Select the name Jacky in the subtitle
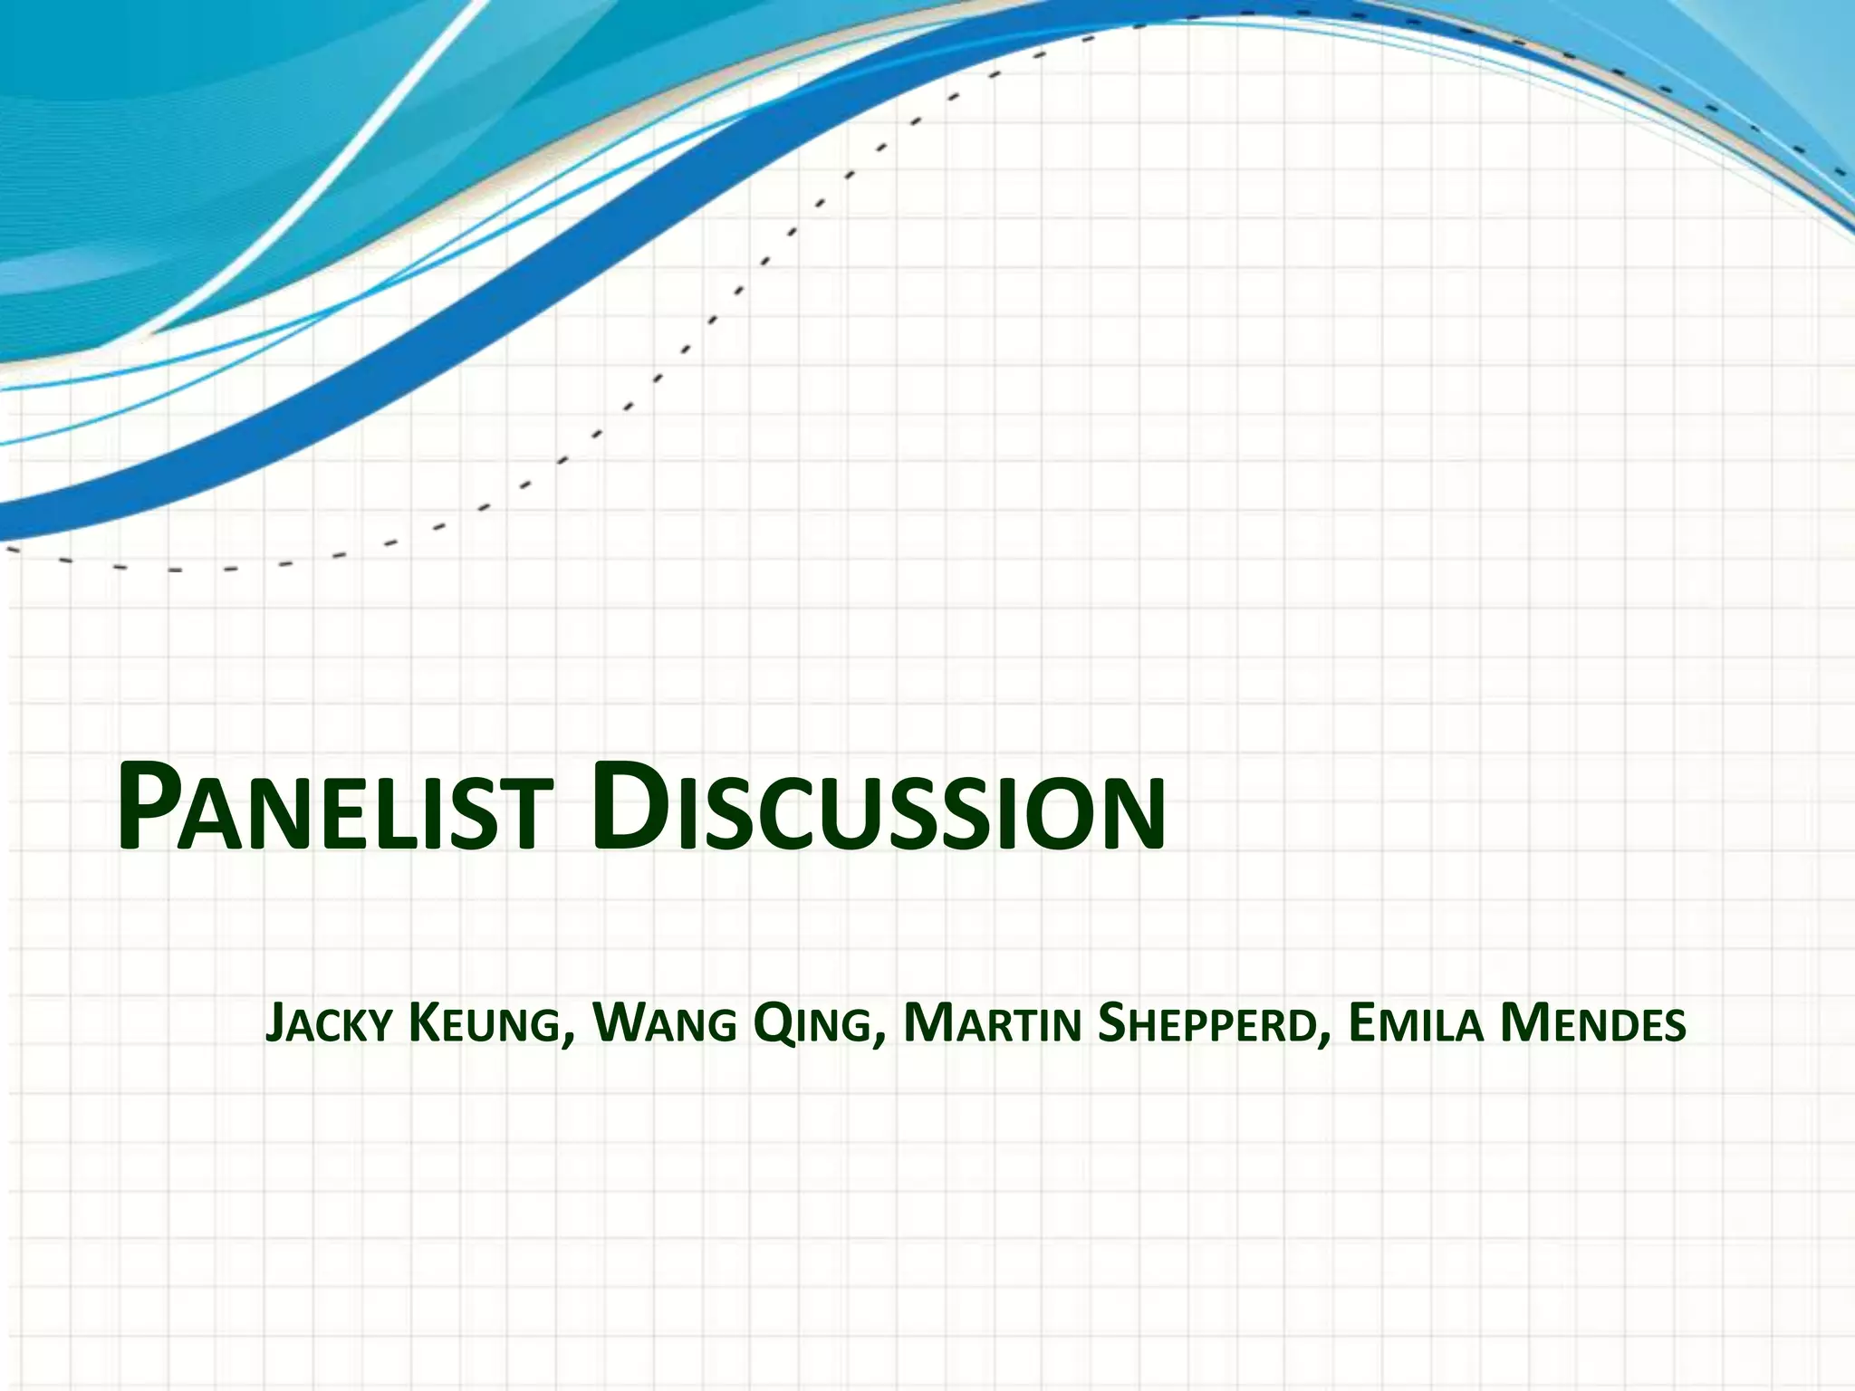click(x=329, y=1024)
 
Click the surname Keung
click(x=484, y=1024)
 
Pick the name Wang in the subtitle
click(x=664, y=1024)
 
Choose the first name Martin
click(x=992, y=1024)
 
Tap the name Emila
click(x=1416, y=1024)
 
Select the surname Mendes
click(x=1593, y=1024)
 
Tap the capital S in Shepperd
click(x=1113, y=1024)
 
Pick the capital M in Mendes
click(x=1523, y=1024)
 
